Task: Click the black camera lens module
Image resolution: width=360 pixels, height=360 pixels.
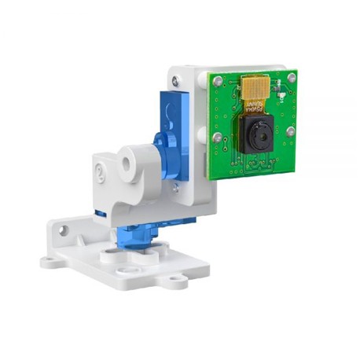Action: coord(256,138)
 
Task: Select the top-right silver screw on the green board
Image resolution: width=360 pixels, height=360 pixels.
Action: coord(292,77)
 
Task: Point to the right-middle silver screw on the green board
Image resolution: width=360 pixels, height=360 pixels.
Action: coord(290,131)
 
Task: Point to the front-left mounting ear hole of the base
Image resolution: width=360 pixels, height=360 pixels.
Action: coord(53,259)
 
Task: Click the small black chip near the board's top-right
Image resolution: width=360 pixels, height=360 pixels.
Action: coord(280,97)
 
